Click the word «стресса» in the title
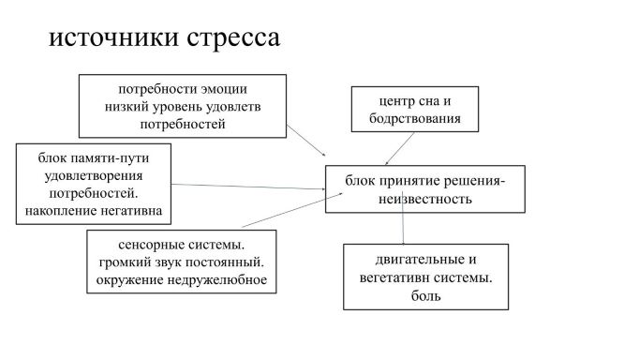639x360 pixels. (x=233, y=37)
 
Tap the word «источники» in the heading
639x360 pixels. (x=113, y=37)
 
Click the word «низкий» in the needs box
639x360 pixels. (x=126, y=107)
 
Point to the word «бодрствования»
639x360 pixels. (x=415, y=119)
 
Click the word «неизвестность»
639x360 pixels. (x=425, y=200)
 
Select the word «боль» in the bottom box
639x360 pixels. (x=426, y=295)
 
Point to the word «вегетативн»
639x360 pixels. (x=394, y=278)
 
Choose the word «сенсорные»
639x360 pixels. (x=147, y=245)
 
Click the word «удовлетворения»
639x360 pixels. (x=94, y=176)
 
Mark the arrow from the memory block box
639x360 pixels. (x=248, y=187)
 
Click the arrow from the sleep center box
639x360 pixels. (x=399, y=149)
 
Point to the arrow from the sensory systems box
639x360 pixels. (x=292, y=210)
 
